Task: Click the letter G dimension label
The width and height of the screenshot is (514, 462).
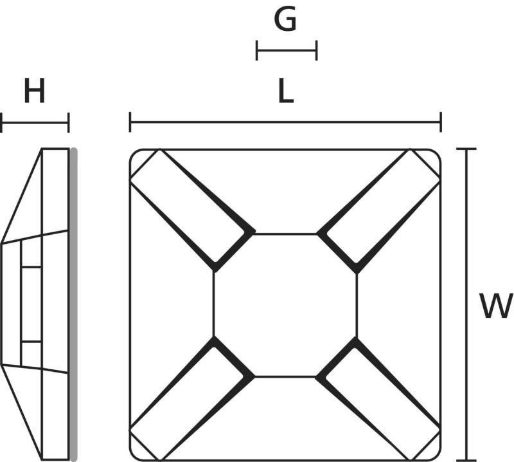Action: [285, 19]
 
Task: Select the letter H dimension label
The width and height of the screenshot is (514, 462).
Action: [34, 91]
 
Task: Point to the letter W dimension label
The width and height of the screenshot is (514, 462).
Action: [495, 306]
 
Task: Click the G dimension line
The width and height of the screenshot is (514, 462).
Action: [287, 51]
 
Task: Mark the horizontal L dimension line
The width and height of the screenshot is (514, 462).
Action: [285, 122]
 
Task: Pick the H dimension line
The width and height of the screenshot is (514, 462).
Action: [35, 123]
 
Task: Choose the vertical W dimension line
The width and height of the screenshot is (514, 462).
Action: [466, 305]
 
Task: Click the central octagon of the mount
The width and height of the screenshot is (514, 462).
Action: [285, 306]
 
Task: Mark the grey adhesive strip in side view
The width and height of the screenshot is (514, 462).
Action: [74, 305]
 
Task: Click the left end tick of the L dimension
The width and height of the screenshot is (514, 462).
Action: [130, 122]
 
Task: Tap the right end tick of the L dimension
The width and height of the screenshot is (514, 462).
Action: [441, 122]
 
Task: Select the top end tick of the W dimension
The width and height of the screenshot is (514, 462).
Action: [466, 149]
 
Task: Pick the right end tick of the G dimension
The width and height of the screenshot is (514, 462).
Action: [316, 51]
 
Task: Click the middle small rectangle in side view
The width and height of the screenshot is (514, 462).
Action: [31, 305]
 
